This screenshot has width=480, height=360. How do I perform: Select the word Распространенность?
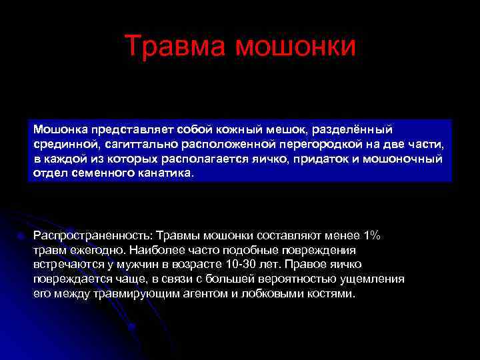[x=92, y=235]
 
